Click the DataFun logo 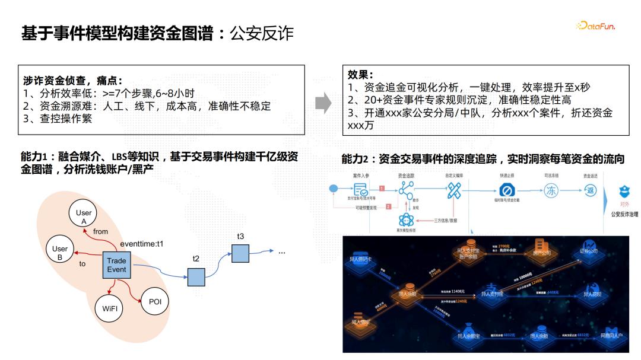595,26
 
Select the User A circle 84,216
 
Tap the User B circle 60,253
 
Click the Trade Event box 117,265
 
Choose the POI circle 155,302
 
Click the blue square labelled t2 196,277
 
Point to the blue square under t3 240,254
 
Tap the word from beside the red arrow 101,232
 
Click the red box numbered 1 382,188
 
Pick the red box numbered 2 388,206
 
